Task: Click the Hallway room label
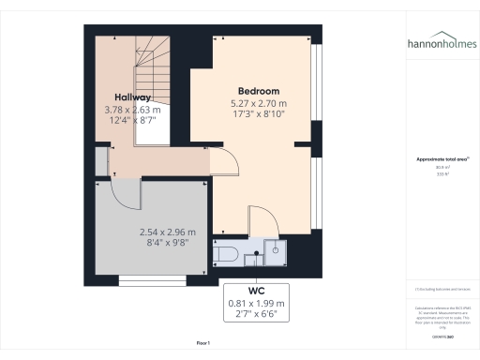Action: click(132, 97)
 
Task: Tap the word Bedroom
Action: click(258, 91)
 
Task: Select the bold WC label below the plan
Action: click(257, 291)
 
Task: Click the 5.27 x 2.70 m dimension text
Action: click(258, 102)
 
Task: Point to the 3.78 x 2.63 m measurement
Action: click(132, 109)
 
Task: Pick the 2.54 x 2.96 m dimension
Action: click(168, 232)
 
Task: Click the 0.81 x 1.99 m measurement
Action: click(257, 303)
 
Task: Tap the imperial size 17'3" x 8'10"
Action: click(258, 113)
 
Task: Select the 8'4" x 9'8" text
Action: click(168, 244)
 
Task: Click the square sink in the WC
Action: click(277, 249)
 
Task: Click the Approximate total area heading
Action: click(441, 159)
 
